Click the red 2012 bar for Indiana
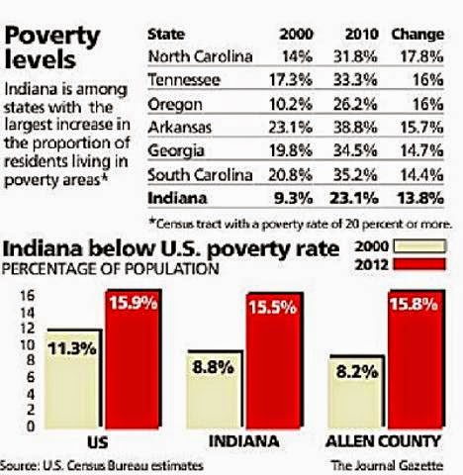(273, 361)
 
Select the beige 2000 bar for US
(72, 380)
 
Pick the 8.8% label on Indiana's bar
(213, 367)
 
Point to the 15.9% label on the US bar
(134, 303)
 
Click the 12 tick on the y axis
(28, 329)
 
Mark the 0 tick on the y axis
(31, 427)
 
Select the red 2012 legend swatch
(419, 264)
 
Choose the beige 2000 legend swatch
(419, 246)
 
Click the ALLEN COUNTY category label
(383, 441)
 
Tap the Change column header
(417, 35)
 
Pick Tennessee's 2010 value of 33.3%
(355, 80)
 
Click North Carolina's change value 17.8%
(421, 56)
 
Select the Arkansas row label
(179, 128)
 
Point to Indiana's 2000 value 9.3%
(293, 198)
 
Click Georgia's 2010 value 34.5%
(355, 150)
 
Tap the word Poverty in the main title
(52, 37)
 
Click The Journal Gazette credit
(387, 465)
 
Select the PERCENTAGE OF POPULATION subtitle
(110, 268)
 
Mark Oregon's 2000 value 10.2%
(291, 104)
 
